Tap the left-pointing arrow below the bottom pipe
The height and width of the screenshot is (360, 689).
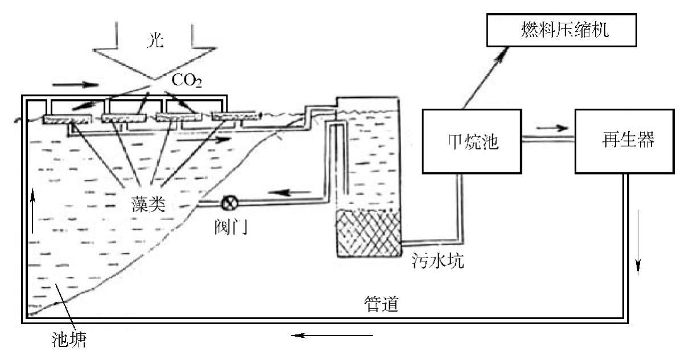333,336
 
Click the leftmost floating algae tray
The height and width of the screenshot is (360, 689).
67,119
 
